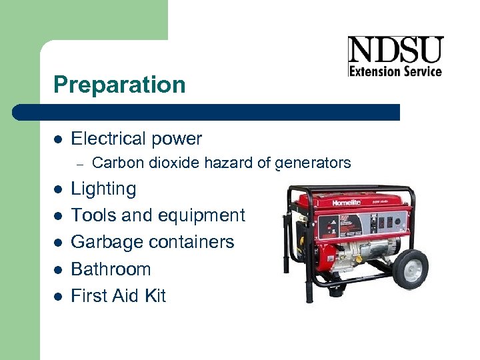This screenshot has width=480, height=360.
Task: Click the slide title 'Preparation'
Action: tap(119, 85)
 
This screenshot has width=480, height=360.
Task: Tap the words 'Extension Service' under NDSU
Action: tap(395, 71)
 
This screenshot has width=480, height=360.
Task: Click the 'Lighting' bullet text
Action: tap(103, 189)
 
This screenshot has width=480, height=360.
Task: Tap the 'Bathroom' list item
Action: tap(111, 269)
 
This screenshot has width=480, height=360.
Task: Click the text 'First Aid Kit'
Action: tap(118, 295)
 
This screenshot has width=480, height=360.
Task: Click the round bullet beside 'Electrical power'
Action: tap(58, 139)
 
